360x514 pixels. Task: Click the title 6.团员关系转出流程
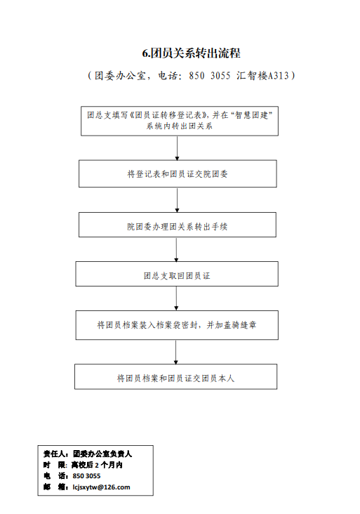coord(192,53)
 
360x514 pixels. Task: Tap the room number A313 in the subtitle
coord(279,76)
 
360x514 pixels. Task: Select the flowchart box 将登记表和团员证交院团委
coord(178,173)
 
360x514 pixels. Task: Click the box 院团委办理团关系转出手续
coord(178,225)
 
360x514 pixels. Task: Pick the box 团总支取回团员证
coord(177,274)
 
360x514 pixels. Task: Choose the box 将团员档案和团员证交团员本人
coord(176,376)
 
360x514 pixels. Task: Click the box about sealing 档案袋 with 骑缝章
coord(177,325)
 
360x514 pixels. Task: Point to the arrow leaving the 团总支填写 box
coord(178,148)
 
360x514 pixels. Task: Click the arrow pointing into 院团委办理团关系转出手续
coord(178,200)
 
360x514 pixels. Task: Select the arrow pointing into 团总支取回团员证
coord(176,250)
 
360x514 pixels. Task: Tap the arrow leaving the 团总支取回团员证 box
coord(176,298)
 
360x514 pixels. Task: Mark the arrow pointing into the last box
coord(176,352)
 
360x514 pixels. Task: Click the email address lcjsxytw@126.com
coord(101,487)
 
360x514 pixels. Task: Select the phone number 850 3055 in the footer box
coord(86,476)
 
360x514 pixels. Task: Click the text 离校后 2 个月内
coord(97,465)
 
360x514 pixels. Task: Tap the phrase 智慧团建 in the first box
coord(251,115)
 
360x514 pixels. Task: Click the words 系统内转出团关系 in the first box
coord(180,126)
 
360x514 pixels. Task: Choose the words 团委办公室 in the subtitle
coord(120,76)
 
